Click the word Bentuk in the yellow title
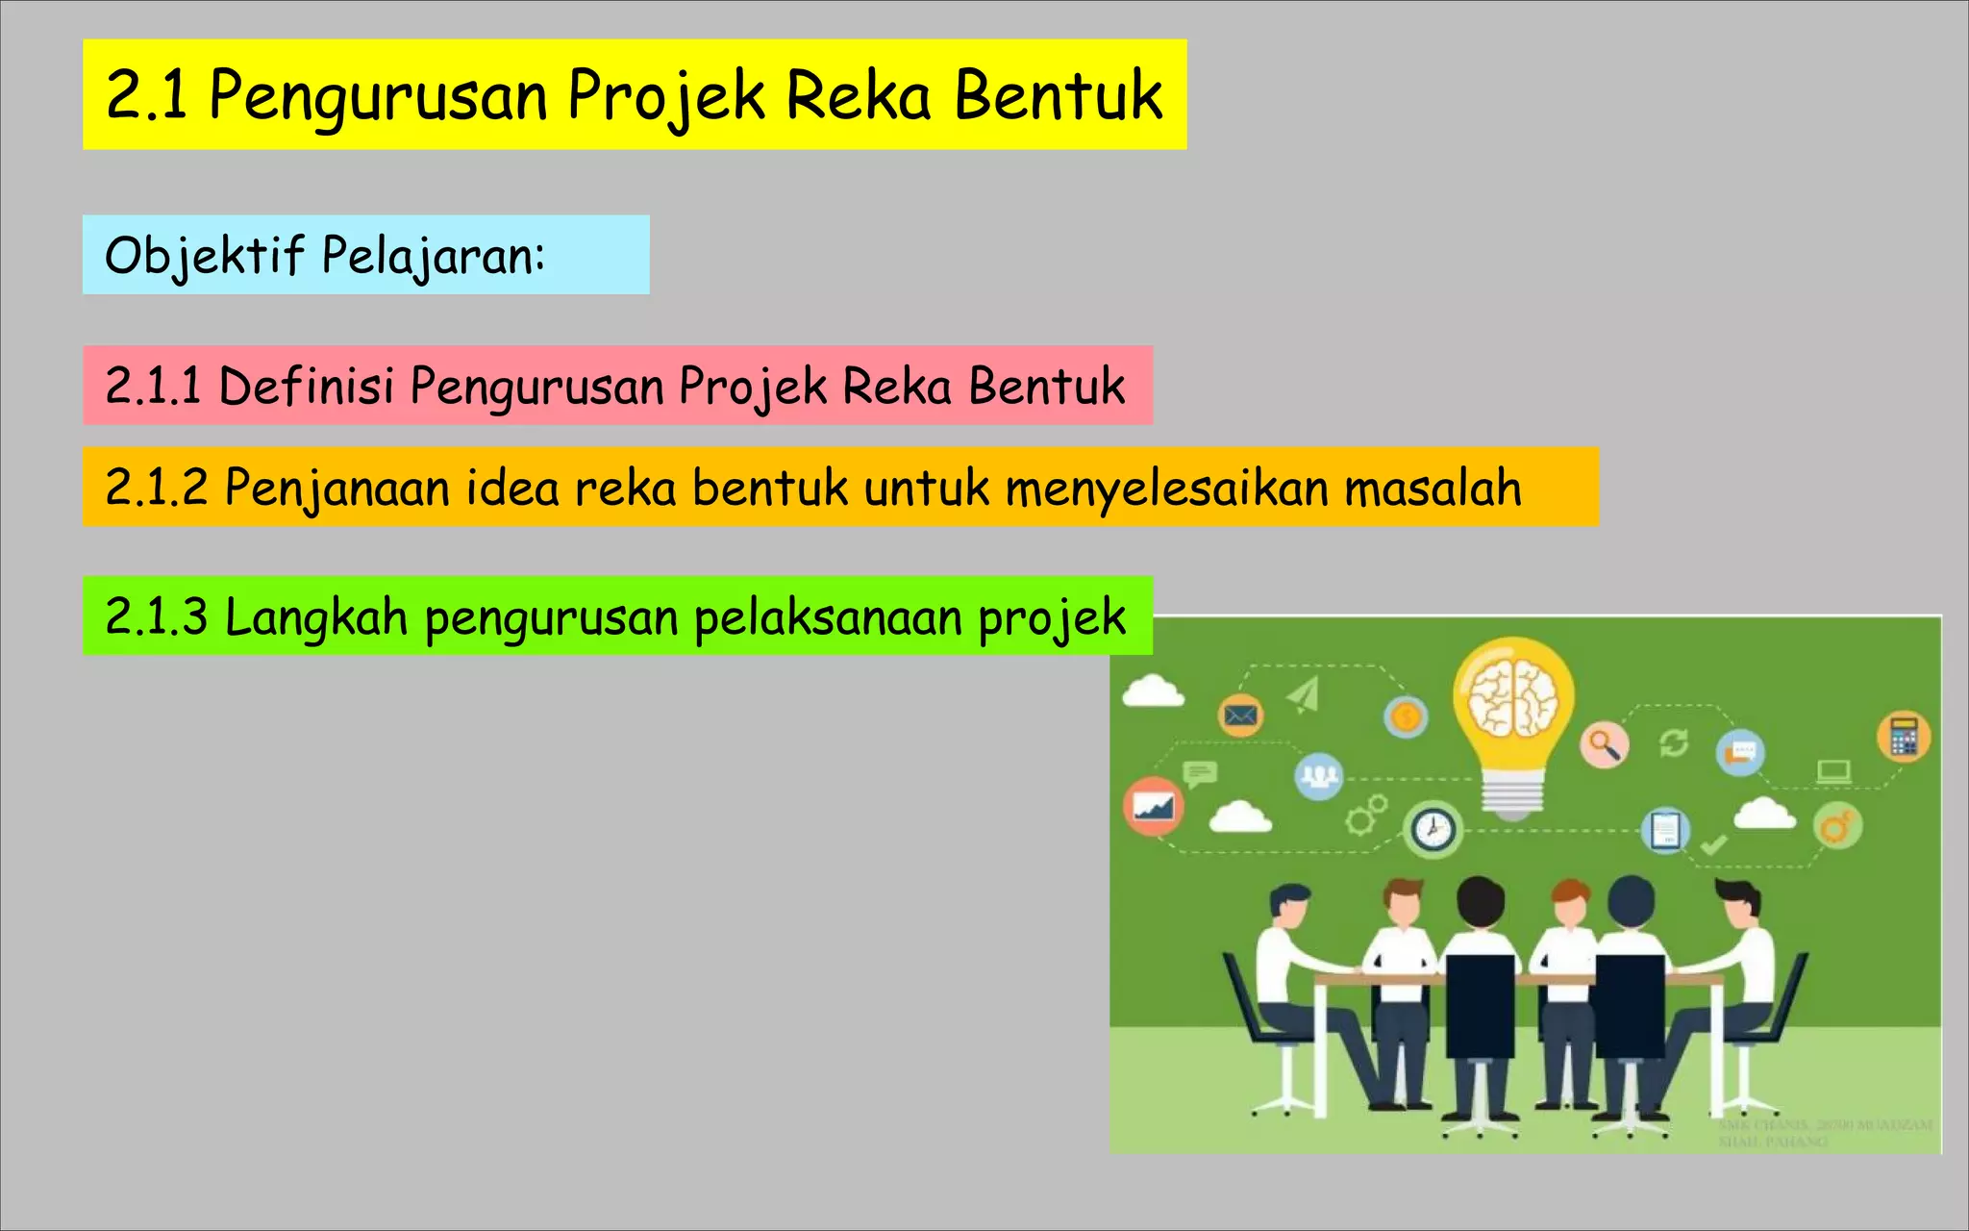(x=1058, y=95)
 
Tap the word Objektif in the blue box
(x=204, y=256)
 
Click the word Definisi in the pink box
(x=306, y=386)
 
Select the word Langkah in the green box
(x=315, y=616)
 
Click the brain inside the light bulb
(x=1512, y=699)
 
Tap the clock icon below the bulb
(x=1433, y=828)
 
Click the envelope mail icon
(x=1240, y=715)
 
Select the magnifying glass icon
(x=1604, y=743)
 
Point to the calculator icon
(x=1903, y=737)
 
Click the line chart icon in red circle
(x=1153, y=806)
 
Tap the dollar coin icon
(x=1405, y=716)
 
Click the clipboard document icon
(x=1664, y=830)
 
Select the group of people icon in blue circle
(x=1318, y=774)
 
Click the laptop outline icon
(x=1833, y=770)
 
